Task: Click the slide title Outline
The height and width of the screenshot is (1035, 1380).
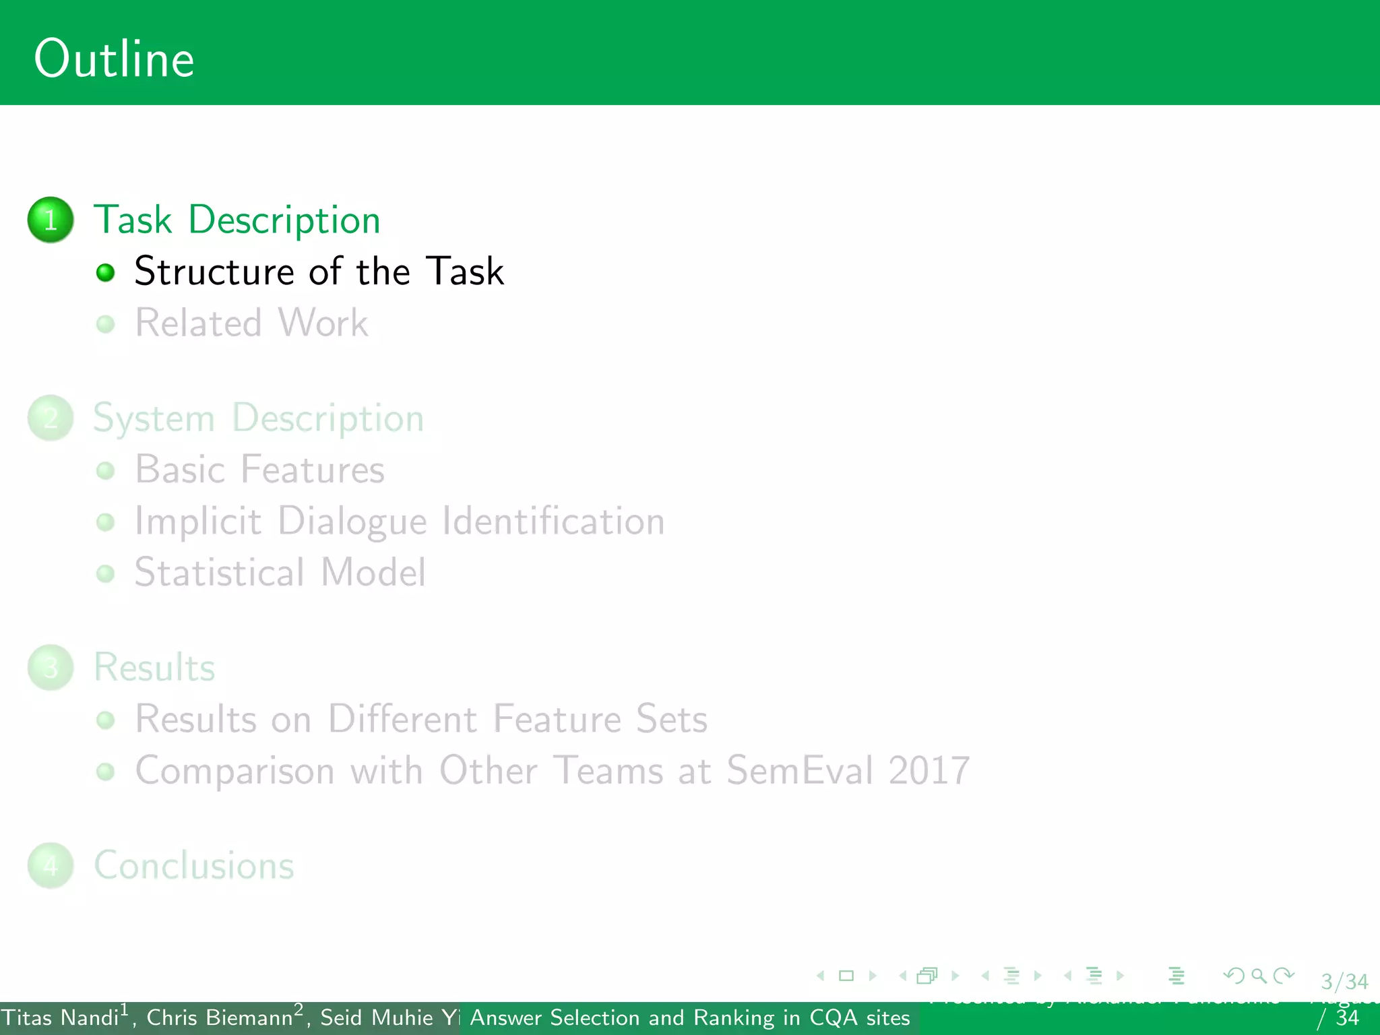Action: (114, 59)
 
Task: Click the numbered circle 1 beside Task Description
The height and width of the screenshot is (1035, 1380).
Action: (51, 220)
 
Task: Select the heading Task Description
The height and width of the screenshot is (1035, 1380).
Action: (237, 220)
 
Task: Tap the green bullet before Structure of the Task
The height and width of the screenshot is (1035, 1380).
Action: (106, 272)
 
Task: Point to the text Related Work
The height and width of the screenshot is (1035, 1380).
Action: (251, 323)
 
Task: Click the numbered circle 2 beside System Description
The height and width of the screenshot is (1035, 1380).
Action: (51, 418)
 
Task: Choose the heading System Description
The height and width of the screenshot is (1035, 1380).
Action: (258, 418)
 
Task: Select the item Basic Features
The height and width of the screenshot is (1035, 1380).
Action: (259, 469)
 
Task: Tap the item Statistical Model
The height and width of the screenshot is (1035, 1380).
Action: (280, 572)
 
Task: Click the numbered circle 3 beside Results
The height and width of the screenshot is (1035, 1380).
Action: (51, 667)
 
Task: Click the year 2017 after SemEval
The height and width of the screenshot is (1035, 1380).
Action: (929, 770)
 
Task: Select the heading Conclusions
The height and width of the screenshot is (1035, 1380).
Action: (194, 865)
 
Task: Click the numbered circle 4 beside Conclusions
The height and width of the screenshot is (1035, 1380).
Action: (51, 865)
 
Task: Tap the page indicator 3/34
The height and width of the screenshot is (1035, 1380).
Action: (1344, 981)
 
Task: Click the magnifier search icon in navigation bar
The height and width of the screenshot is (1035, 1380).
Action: (1258, 975)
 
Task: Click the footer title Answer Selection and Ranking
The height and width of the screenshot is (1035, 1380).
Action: (689, 1017)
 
